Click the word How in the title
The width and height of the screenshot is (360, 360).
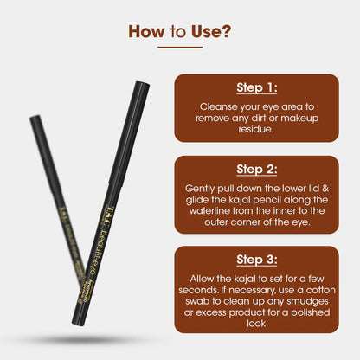coord(147,33)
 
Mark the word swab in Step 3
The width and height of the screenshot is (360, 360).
coord(204,303)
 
